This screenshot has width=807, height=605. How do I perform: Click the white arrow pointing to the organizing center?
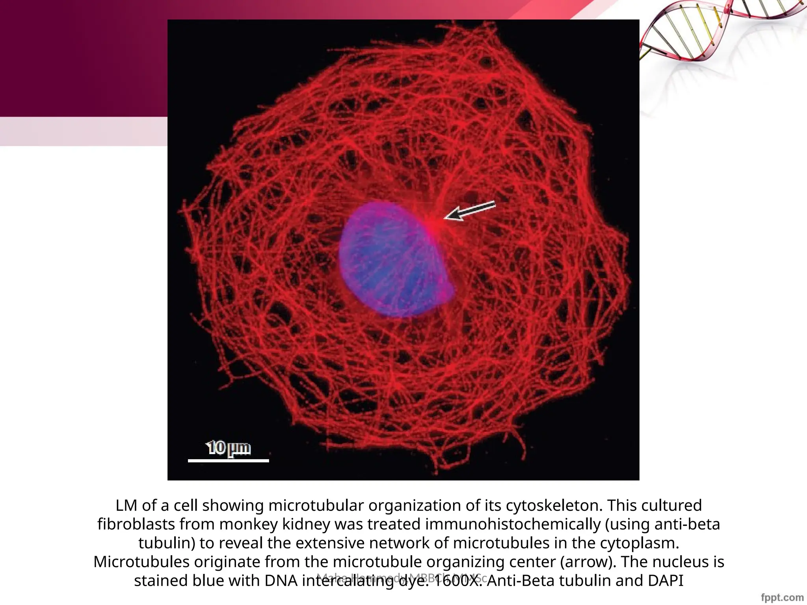tap(470, 211)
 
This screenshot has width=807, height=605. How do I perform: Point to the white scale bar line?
tap(229, 460)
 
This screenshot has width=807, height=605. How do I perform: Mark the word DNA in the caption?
tap(281, 581)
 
